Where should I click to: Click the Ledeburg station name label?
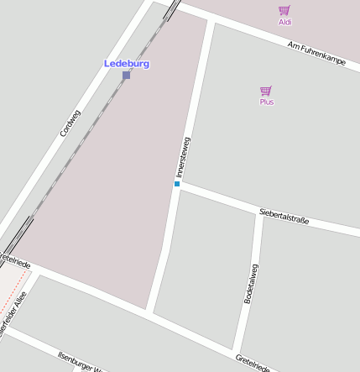coord(126,64)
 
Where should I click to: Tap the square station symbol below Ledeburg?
coord(127,76)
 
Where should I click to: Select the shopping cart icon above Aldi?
coord(284,11)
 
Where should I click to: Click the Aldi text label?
coord(285,22)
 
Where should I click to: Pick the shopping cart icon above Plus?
coord(266,91)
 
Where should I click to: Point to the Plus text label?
coord(267,102)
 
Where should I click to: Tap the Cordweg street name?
coord(70,123)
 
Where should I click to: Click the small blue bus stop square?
coord(177,183)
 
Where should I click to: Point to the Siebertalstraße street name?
coord(284,216)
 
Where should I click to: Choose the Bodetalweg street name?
coord(250,284)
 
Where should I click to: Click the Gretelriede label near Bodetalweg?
coord(253,363)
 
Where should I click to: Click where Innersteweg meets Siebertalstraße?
coord(178,185)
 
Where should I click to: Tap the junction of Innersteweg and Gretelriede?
coord(150,310)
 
